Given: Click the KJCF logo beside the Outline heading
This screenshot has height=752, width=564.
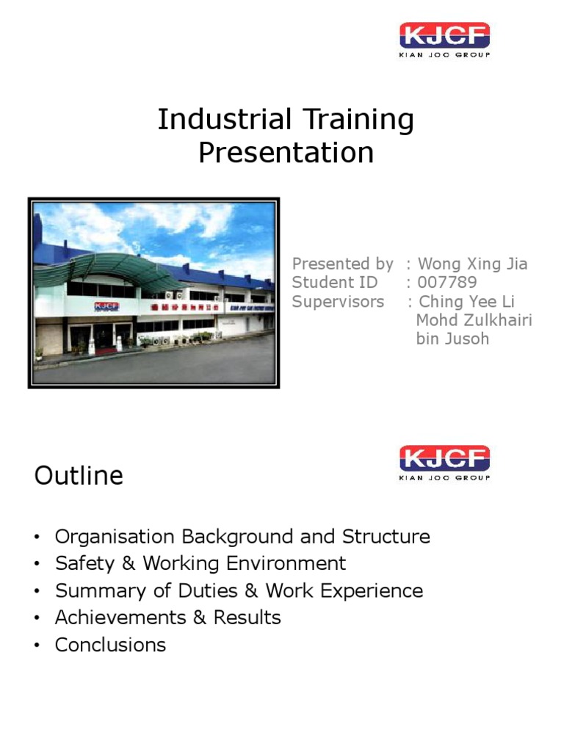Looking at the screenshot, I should click(x=444, y=463).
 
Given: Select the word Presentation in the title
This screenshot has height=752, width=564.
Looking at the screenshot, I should click(x=286, y=153).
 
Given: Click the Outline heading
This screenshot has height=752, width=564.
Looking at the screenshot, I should click(x=79, y=476).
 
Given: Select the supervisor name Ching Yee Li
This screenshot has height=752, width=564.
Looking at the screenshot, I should click(x=466, y=302).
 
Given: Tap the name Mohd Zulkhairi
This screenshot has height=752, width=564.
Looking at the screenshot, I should click(x=474, y=320).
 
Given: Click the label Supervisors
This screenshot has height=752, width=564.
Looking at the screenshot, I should click(x=338, y=302).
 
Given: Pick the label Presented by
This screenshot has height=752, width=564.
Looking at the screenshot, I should click(x=342, y=264).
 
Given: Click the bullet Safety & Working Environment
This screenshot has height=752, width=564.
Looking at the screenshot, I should click(x=200, y=563).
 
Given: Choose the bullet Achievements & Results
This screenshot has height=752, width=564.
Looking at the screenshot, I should click(x=167, y=618).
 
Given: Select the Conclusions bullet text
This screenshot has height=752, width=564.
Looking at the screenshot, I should click(x=110, y=645).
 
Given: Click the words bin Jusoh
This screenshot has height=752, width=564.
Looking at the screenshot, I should click(x=452, y=339).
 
